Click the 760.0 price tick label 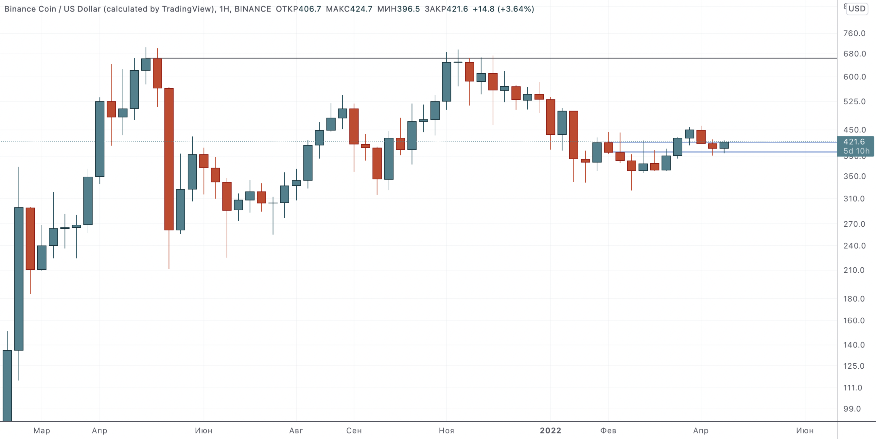(x=854, y=33)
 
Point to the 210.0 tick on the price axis (x=854, y=270)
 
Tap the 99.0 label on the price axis (x=852, y=409)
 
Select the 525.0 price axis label (x=854, y=102)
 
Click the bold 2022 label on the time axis (x=550, y=430)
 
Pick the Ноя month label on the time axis (x=446, y=430)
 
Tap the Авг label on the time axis (x=296, y=430)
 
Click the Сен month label (x=354, y=430)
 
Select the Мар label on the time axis (x=42, y=430)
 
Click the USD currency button (x=857, y=9)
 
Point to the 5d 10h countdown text (x=856, y=151)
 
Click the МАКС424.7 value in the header (x=349, y=9)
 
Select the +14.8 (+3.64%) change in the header (x=503, y=9)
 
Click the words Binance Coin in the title (x=30, y=9)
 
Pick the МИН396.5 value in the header (x=398, y=9)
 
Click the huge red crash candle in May (x=169, y=159)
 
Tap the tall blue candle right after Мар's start (x=19, y=279)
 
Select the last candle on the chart (x=724, y=145)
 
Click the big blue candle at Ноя (x=446, y=81)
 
